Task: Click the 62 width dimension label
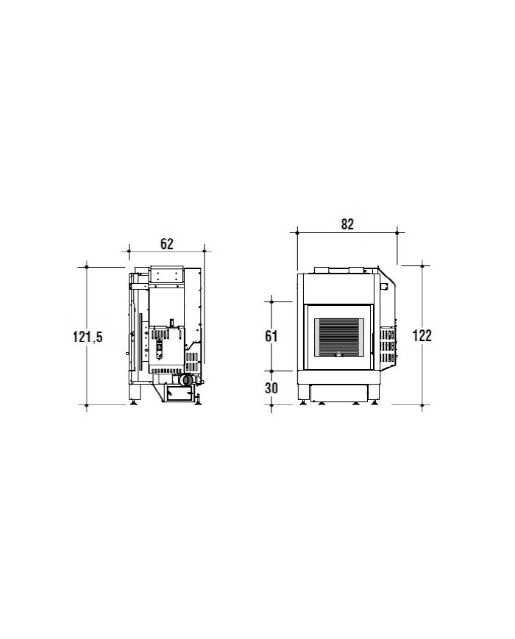pyautogui.click(x=167, y=243)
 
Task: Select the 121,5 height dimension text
pyautogui.click(x=88, y=337)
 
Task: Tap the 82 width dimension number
pyautogui.click(x=347, y=224)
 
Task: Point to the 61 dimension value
pyautogui.click(x=271, y=336)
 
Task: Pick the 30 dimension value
pyautogui.click(x=271, y=388)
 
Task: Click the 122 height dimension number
pyautogui.click(x=422, y=336)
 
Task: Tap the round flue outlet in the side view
pyautogui.click(x=186, y=380)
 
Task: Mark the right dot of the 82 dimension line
pyautogui.click(x=397, y=232)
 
